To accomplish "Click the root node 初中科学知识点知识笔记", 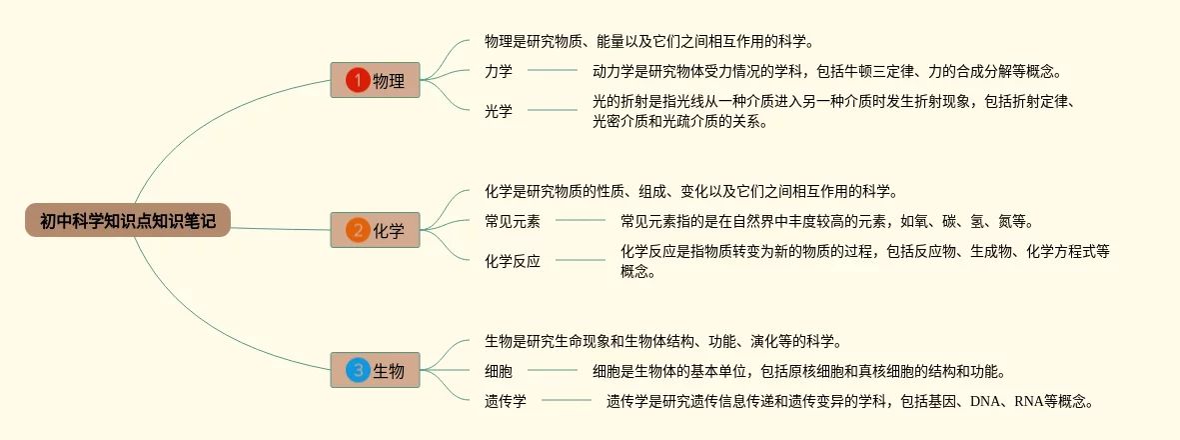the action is coord(128,220).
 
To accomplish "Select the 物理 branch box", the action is coord(375,80).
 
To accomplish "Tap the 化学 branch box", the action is coord(375,230).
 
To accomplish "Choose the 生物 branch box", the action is coord(375,371).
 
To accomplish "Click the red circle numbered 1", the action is coord(357,80).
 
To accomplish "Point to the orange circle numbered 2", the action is coord(357,230).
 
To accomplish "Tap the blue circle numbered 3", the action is coord(357,371).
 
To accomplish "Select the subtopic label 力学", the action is coord(499,71).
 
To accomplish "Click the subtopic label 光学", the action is coord(499,111).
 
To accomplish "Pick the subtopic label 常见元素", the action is coord(513,221).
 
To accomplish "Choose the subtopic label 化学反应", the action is coord(513,261).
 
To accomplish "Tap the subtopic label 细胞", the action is coord(499,371).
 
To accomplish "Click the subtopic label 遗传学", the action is coord(506,401).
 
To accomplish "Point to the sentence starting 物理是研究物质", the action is coord(649,41).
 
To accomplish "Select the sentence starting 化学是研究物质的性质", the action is coord(690,191).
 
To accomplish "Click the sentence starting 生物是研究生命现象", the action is coord(662,341).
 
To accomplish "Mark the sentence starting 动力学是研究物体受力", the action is coord(826,71).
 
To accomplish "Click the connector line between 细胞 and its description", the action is coord(553,370).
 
